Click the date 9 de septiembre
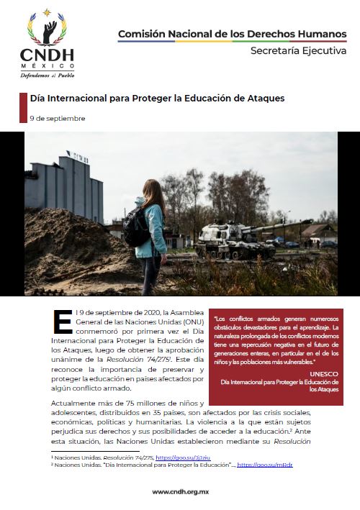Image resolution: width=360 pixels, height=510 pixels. [58, 118]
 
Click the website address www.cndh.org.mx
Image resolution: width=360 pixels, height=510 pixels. [179, 492]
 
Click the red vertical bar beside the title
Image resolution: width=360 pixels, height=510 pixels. [23, 106]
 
